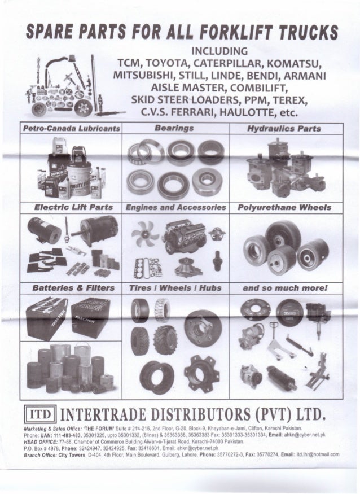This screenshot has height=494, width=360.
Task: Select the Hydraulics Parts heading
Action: point(283,129)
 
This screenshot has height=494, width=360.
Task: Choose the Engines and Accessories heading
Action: point(176,208)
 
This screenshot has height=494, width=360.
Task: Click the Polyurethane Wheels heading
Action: point(283,208)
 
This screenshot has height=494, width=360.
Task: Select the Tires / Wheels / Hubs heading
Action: point(176,287)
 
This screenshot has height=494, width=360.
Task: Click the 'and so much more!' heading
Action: point(283,287)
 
